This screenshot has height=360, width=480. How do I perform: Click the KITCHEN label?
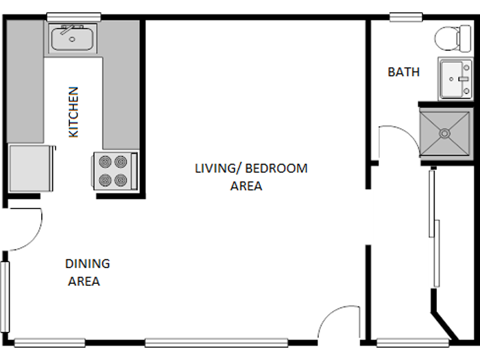[73, 111]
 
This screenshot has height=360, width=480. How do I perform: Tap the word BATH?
[404, 72]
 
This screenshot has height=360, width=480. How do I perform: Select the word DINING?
[87, 263]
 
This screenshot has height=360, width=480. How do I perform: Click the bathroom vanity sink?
[455, 79]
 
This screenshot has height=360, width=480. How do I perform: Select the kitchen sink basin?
[73, 39]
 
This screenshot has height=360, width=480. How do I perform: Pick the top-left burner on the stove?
[105, 163]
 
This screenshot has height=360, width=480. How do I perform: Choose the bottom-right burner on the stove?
[121, 180]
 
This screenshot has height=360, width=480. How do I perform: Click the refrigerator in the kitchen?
[31, 169]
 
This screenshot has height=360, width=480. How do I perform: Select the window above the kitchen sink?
[73, 16]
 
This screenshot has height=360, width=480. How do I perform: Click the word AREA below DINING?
[84, 281]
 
